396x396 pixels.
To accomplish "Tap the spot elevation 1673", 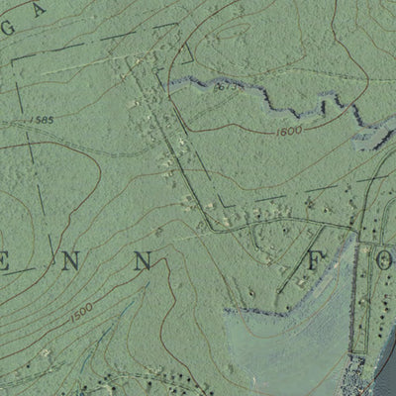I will (227, 87).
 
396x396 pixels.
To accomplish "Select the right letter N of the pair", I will (145, 262).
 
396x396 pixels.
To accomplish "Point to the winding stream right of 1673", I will (287, 99).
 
